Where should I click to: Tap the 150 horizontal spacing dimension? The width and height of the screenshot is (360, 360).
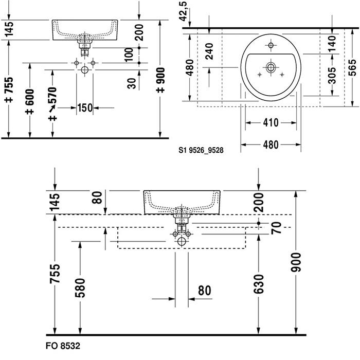[84, 108]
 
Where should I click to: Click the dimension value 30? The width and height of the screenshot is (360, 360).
[132, 82]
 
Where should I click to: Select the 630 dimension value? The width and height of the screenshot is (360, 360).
[258, 284]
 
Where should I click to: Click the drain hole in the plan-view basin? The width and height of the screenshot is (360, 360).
[270, 66]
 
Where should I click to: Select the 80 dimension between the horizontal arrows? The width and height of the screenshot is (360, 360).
[204, 291]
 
